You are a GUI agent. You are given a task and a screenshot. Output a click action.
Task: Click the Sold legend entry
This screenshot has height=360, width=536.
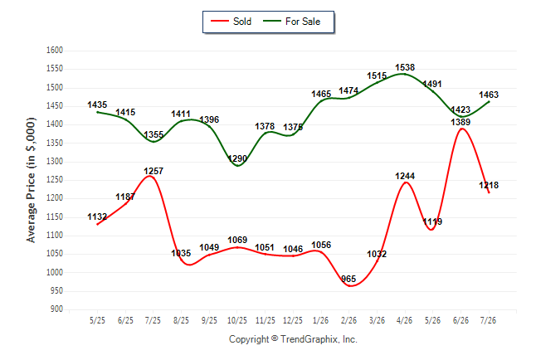tap(231, 22)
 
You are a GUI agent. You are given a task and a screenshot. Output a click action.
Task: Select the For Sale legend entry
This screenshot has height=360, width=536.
tap(291, 22)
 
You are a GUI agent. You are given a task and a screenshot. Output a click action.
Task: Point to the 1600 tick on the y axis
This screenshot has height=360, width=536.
tap(55, 51)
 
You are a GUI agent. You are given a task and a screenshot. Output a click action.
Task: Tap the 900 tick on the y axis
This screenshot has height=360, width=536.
tap(56, 309)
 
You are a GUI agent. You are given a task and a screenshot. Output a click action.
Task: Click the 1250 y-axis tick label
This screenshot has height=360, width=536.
tap(55, 180)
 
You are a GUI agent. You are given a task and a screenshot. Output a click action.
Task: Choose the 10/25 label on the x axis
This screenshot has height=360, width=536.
tap(237, 320)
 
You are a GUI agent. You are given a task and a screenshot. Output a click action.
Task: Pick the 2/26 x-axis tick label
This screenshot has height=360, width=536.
tap(348, 320)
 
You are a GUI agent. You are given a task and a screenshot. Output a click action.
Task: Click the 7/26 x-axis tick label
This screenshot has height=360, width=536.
tap(488, 320)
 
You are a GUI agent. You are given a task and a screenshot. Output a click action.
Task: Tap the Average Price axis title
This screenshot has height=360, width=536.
tap(31, 180)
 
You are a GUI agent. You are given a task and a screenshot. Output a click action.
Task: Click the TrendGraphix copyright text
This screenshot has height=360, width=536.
tap(293, 339)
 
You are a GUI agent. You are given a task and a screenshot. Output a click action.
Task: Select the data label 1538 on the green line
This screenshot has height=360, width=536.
tap(405, 67)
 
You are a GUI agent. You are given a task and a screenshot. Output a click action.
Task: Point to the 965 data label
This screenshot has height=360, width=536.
tap(348, 279)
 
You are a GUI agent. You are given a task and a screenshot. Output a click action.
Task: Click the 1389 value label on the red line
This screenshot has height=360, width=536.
tap(460, 122)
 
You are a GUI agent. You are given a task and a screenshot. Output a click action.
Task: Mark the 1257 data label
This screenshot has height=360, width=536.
tap(153, 171)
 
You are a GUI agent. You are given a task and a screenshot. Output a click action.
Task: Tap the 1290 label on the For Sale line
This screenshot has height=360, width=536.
tap(237, 158)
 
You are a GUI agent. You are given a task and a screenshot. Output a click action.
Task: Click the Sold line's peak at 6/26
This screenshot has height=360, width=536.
tap(462, 129)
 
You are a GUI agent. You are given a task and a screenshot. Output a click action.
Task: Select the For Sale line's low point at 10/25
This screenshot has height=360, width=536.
tap(237, 166)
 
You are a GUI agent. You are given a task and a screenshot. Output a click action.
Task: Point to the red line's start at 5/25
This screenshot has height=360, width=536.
tap(97, 225)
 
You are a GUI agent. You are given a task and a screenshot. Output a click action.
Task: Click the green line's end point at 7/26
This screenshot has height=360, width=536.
tap(489, 101)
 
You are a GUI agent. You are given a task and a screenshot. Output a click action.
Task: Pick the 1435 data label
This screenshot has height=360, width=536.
tap(97, 105)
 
